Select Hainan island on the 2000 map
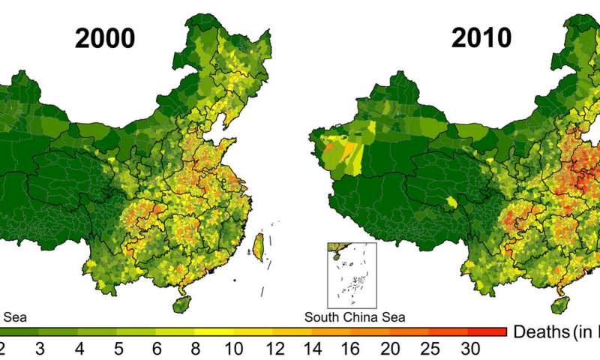(x=181, y=304)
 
